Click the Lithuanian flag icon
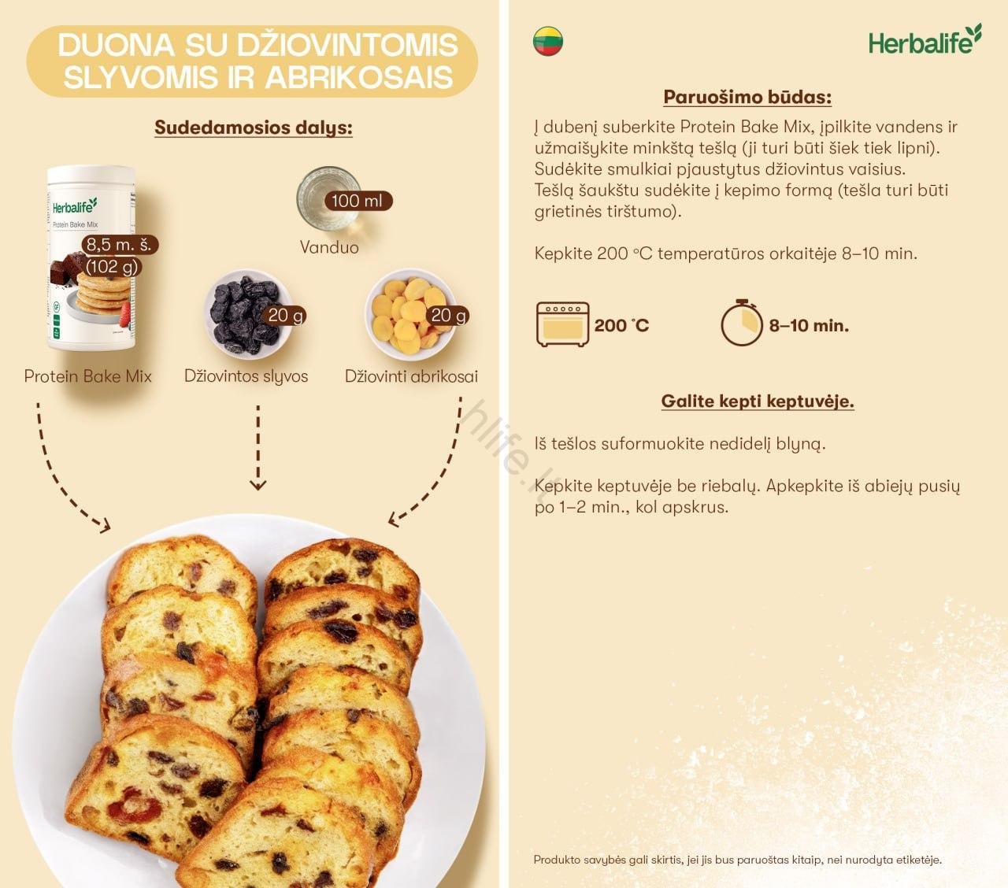click(548, 41)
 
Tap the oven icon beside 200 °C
click(562, 324)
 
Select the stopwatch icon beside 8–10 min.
click(741, 323)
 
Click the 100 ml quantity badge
click(358, 201)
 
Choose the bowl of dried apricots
click(408, 313)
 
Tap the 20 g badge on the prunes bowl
click(286, 315)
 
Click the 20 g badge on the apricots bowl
click(449, 315)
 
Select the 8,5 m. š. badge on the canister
click(119, 245)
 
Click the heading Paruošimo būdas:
click(747, 98)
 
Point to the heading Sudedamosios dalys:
click(253, 128)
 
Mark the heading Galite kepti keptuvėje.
click(758, 401)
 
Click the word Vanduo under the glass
click(329, 247)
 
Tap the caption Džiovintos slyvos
click(246, 376)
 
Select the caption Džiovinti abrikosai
click(411, 376)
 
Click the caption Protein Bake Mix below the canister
click(87, 376)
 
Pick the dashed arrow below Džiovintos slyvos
click(258, 447)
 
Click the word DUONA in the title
click(116, 45)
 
